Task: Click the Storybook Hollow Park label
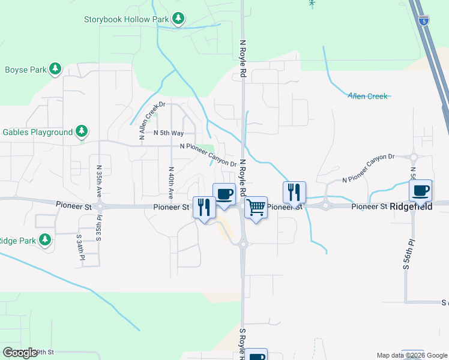click(x=125, y=19)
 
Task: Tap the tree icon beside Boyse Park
click(x=55, y=69)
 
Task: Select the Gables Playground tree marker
click(x=82, y=131)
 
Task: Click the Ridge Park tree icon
click(x=45, y=240)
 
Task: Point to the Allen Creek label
click(x=368, y=95)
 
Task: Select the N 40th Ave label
click(x=171, y=182)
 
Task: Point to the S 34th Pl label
click(x=79, y=247)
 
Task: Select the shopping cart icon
click(x=256, y=208)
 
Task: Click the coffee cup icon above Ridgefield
click(x=420, y=190)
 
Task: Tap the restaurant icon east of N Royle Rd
click(x=294, y=193)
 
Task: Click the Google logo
click(x=20, y=353)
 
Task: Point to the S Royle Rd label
click(x=243, y=343)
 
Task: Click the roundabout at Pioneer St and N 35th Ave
click(x=99, y=206)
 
